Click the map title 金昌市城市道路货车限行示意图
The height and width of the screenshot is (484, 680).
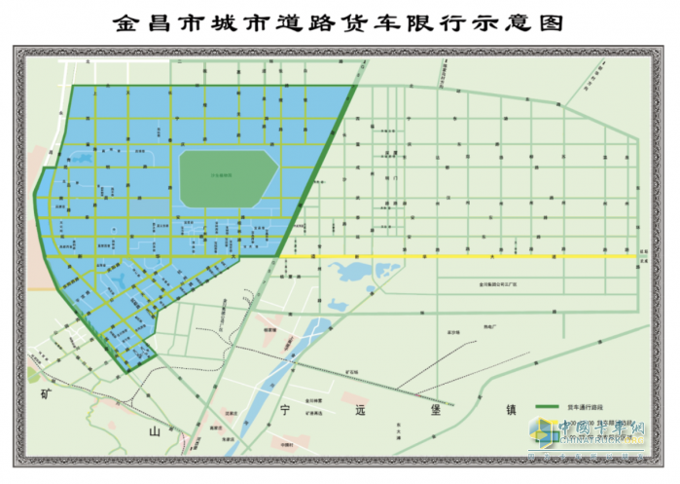pyautogui.click(x=340, y=22)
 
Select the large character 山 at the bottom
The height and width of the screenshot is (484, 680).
pyautogui.click(x=152, y=428)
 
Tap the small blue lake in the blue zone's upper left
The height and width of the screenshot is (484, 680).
pyautogui.click(x=83, y=157)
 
